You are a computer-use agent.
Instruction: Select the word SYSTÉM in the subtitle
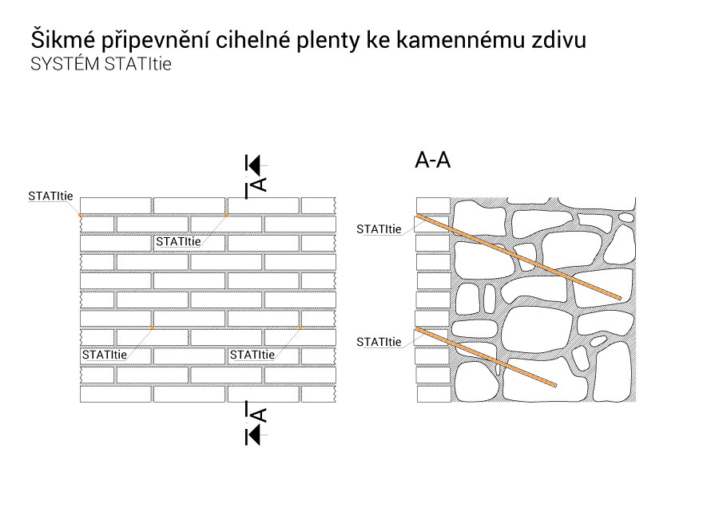click(65, 63)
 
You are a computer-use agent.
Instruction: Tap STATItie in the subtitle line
click(137, 64)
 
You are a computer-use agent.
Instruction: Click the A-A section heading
click(432, 160)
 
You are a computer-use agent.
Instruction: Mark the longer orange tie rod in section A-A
click(518, 257)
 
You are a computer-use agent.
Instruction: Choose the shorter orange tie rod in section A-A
click(486, 357)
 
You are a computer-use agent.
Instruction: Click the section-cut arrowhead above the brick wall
click(253, 165)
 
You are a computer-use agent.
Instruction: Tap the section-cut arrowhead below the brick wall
click(253, 435)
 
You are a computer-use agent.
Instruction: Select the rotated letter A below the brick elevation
click(260, 415)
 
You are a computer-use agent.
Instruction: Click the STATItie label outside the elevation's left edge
click(50, 196)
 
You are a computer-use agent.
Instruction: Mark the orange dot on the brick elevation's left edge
click(80, 215)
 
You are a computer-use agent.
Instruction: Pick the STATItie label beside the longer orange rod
click(379, 229)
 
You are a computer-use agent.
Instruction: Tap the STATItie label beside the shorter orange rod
click(379, 342)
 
